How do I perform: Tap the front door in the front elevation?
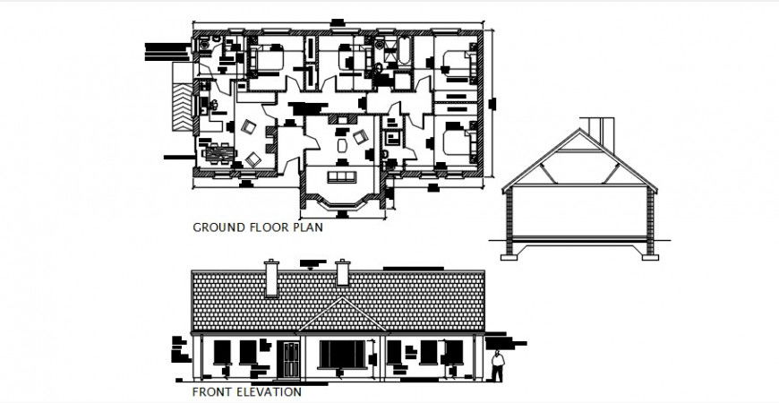coord(289,360)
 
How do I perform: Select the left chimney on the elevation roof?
coord(271,278)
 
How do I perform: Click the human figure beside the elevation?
coord(499,366)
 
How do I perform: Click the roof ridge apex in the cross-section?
coord(580,133)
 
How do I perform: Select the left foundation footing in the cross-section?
coord(509,256)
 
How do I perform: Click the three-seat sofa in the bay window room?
coord(341,175)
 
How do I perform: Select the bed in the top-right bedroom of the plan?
coord(458,64)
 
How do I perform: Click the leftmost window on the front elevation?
coord(222,352)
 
